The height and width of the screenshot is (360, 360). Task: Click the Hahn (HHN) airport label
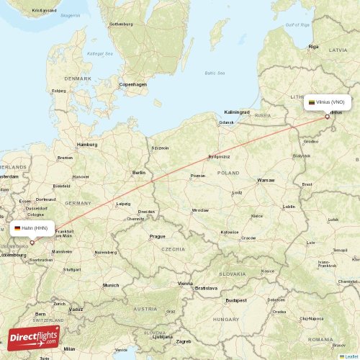click(35, 228)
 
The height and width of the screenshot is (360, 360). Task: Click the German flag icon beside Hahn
click(17, 228)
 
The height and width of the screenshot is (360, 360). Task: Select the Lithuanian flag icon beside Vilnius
click(312, 102)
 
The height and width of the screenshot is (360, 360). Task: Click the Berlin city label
click(139, 173)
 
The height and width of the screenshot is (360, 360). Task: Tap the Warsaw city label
click(266, 180)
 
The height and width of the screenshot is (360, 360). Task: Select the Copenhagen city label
click(133, 84)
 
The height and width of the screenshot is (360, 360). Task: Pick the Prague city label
click(158, 236)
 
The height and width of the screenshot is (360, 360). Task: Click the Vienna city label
click(185, 284)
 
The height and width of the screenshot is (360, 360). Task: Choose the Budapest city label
click(235, 300)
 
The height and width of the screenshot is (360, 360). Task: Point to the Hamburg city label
click(87, 144)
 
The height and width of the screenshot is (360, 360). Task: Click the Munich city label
click(110, 285)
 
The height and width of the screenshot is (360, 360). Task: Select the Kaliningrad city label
click(236, 112)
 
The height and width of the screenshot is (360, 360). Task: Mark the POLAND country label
click(229, 173)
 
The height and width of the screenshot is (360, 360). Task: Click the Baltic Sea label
click(215, 73)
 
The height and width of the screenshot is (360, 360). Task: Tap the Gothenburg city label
click(121, 24)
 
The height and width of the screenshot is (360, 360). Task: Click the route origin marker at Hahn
click(32, 243)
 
